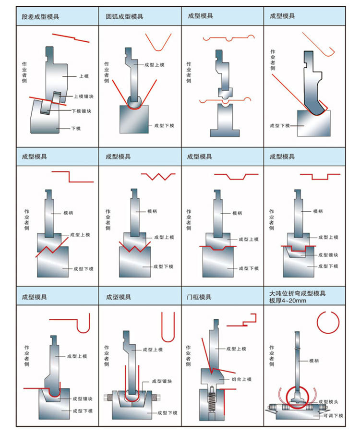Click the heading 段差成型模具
point(40,16)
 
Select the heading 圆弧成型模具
point(124,16)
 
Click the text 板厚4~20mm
point(288,301)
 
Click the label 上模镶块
point(84,97)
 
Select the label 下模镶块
point(81,111)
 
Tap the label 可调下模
point(333,415)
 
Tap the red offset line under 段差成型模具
point(71,38)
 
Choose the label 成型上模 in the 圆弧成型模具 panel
point(154,65)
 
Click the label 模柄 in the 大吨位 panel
point(314,360)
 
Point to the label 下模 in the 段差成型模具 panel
point(76,128)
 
